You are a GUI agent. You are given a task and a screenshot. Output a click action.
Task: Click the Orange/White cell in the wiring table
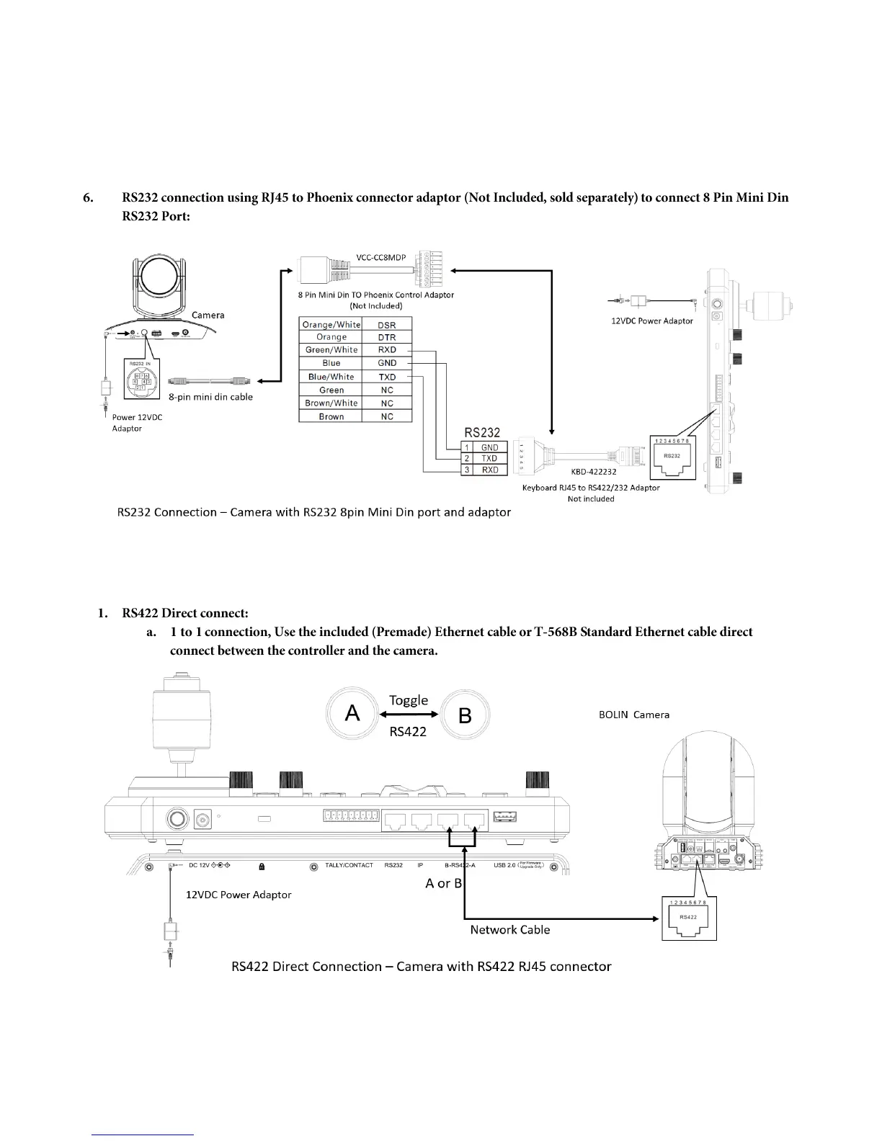(x=331, y=324)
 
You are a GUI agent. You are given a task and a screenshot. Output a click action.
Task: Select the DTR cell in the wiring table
(x=387, y=337)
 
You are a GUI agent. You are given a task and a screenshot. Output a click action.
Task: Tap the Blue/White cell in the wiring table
(x=331, y=377)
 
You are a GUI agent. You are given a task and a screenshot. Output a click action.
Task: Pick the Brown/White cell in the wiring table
(x=331, y=403)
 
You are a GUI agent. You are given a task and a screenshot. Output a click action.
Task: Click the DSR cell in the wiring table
(x=387, y=324)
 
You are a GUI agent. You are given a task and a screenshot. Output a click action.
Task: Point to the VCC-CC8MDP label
(x=381, y=257)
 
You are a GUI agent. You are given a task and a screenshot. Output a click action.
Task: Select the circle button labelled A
(x=352, y=713)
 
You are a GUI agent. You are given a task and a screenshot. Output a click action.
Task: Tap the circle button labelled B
(x=465, y=715)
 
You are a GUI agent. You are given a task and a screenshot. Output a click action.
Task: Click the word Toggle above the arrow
(x=409, y=700)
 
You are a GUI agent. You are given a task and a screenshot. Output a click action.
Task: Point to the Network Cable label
(x=509, y=930)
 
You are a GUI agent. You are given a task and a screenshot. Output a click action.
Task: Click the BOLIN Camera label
(x=634, y=715)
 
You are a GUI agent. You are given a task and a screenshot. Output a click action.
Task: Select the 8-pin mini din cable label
(x=210, y=397)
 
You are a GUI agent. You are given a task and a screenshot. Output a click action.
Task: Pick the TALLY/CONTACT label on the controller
(x=349, y=865)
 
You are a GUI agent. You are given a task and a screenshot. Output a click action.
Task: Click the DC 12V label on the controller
(x=199, y=865)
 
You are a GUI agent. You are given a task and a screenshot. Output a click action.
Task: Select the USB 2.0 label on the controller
(x=504, y=865)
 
